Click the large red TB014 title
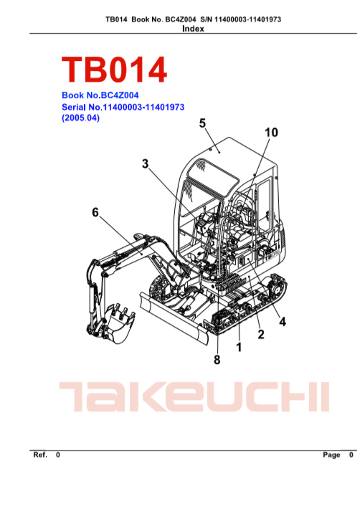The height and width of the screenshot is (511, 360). click(x=114, y=70)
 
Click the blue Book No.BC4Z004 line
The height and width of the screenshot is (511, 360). click(x=100, y=95)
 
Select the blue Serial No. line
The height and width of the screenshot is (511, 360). click(x=123, y=107)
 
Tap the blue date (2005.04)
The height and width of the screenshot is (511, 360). click(x=80, y=118)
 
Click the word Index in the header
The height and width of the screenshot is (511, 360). click(x=193, y=29)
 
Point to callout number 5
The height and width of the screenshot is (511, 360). click(x=202, y=123)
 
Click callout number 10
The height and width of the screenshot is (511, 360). click(x=271, y=133)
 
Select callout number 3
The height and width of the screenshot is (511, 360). click(x=145, y=163)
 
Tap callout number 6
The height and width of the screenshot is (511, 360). click(x=95, y=212)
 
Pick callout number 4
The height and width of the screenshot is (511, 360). click(x=283, y=322)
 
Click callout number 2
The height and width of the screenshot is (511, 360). click(x=261, y=335)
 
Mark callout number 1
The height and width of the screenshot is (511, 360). click(x=239, y=347)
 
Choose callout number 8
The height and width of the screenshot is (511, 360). click(x=217, y=360)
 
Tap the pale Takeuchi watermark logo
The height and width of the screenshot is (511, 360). click(x=194, y=396)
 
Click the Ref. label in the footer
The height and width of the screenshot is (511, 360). click(x=40, y=454)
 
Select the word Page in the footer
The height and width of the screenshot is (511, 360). click(x=331, y=455)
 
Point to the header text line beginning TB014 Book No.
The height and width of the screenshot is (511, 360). click(x=193, y=19)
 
